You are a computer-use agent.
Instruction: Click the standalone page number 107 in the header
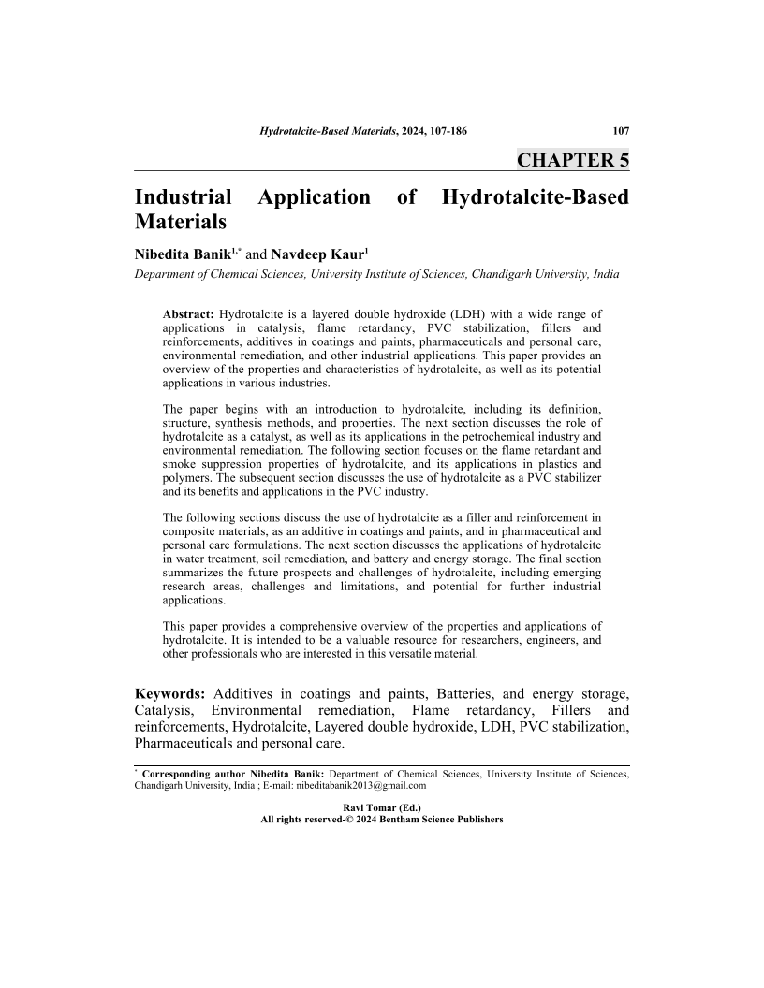[x=621, y=131]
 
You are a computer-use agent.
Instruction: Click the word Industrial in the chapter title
[x=184, y=197]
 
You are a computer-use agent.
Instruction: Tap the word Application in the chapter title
[x=314, y=197]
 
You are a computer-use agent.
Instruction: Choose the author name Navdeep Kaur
[x=312, y=253]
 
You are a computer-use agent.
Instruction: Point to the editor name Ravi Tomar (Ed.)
[x=382, y=806]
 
